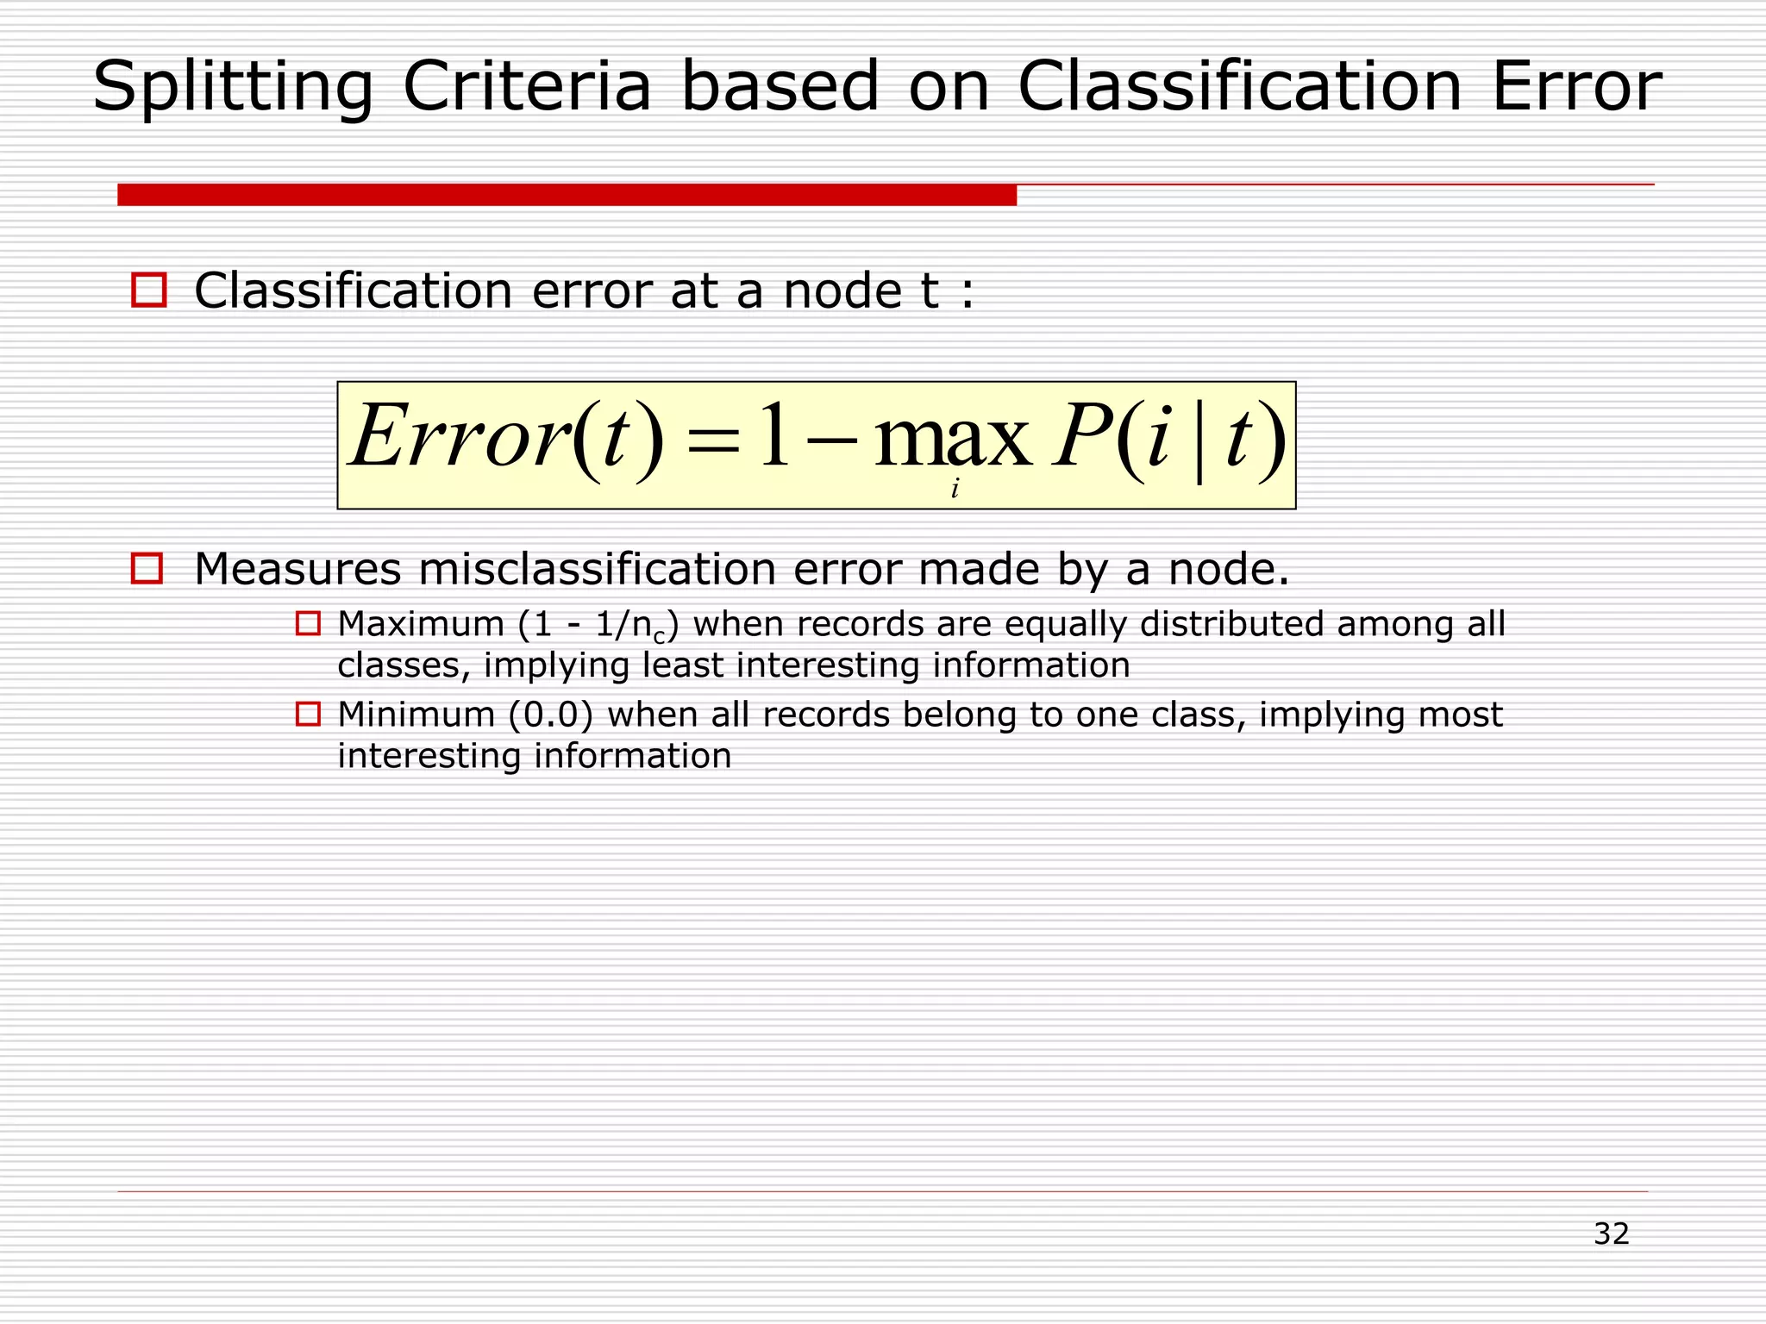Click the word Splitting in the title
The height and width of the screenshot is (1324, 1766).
(233, 87)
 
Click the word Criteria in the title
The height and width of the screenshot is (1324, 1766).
(527, 87)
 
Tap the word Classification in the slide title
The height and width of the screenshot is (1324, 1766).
(1239, 87)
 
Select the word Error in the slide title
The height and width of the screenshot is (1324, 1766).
(1576, 87)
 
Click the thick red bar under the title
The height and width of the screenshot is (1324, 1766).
(567, 195)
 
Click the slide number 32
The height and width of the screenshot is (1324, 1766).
(1611, 1233)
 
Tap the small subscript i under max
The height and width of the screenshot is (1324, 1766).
(955, 490)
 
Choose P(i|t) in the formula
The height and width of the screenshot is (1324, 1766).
(1169, 438)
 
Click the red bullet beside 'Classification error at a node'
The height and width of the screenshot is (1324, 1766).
(148, 290)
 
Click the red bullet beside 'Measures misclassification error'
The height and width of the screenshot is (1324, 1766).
(147, 569)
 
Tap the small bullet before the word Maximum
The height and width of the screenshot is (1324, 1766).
(308, 623)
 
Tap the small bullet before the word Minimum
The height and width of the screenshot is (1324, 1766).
(308, 714)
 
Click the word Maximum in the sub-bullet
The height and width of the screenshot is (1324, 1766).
(421, 624)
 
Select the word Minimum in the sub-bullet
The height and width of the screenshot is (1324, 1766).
(416, 715)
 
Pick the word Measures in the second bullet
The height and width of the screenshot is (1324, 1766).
(298, 569)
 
